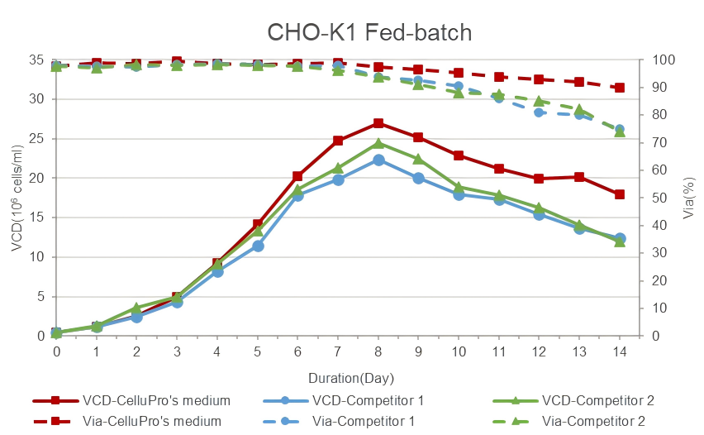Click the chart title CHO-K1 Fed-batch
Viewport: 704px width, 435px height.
tap(369, 32)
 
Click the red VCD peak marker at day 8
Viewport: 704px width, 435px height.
tap(378, 123)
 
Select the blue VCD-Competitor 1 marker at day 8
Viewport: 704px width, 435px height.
tap(378, 160)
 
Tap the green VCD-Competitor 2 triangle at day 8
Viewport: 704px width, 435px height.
tap(378, 144)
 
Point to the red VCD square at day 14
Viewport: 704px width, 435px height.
tap(620, 194)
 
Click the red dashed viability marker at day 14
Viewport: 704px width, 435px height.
tap(620, 88)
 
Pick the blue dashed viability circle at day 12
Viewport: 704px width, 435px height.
tap(539, 112)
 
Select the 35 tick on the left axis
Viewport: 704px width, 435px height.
tap(36, 60)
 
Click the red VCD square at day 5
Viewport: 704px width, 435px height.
tap(258, 224)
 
